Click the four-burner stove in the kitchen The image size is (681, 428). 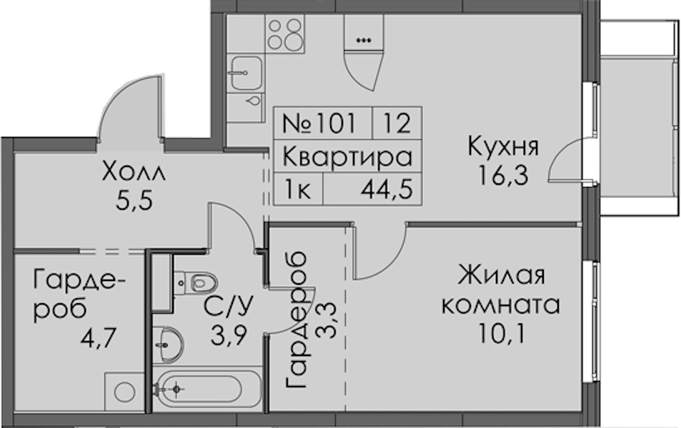pos(285,34)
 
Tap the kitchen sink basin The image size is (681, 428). pos(246,73)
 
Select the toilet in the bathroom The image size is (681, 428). pos(196,283)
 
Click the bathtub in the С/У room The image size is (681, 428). pos(208,389)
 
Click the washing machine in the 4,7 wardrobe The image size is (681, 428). pos(124,392)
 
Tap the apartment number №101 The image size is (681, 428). pos(319,123)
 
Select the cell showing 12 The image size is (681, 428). pos(397,123)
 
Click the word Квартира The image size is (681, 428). pos(347,156)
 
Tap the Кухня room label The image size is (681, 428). pos(503,147)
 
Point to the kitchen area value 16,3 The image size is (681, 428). pos(503,175)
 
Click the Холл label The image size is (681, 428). pos(134,172)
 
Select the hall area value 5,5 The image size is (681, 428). pos(134,200)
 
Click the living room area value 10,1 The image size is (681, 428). pos(502,333)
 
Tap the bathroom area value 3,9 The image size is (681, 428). pos(229,335)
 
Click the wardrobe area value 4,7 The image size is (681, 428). pos(98,339)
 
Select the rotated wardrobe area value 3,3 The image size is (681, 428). pos(326,321)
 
